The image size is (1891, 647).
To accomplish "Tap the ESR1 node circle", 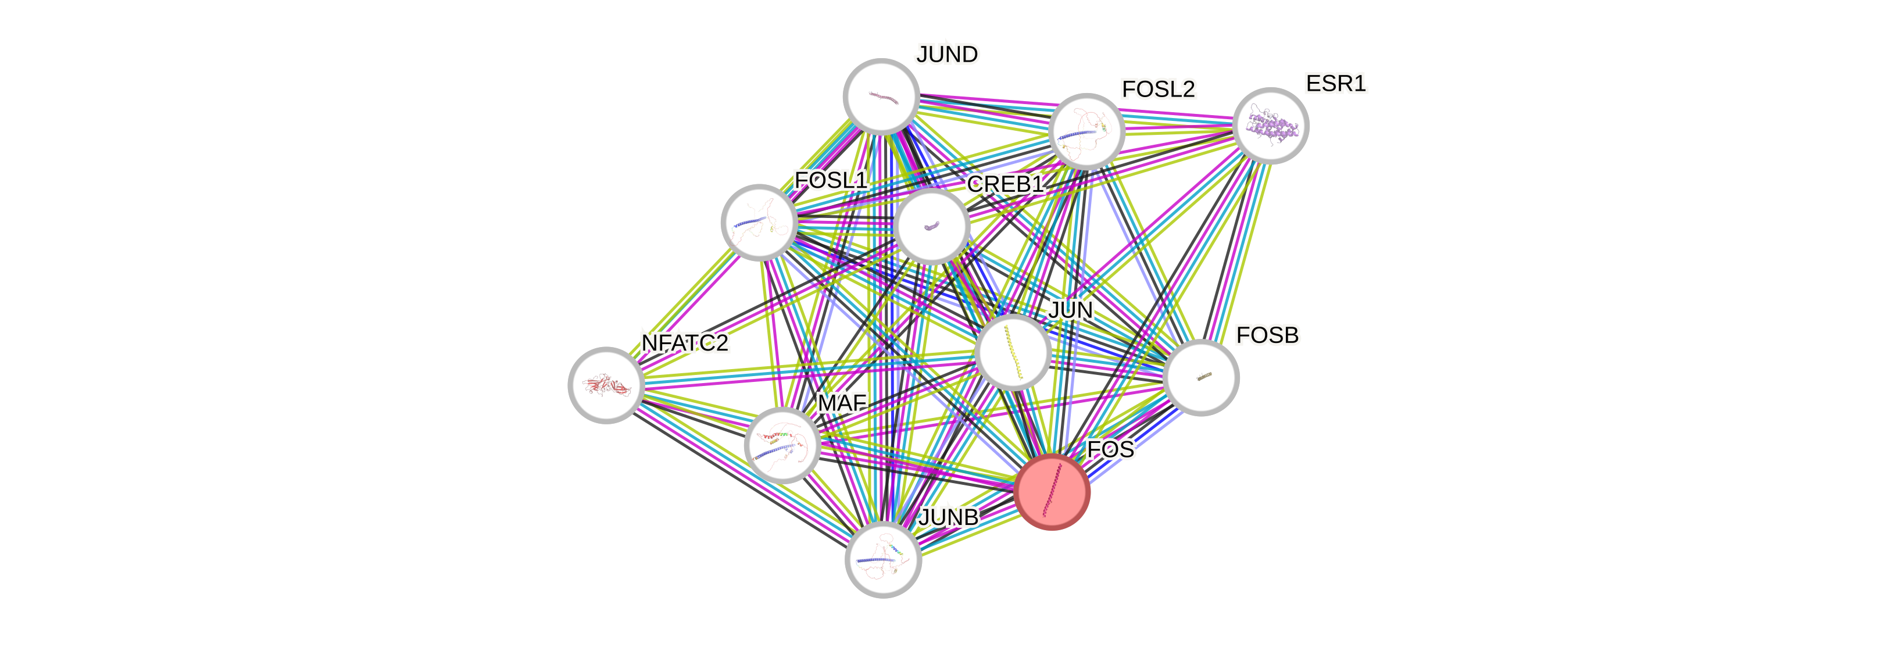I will [1270, 126].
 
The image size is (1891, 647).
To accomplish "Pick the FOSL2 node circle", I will [1086, 131].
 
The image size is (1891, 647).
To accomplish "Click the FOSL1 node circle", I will [759, 222].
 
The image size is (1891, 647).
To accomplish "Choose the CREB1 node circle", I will [931, 226].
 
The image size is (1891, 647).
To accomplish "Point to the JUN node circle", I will [1013, 352].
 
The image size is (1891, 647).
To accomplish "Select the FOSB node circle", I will [1201, 377].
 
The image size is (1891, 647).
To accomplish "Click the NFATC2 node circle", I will [606, 385].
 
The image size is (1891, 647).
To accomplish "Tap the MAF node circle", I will [782, 445].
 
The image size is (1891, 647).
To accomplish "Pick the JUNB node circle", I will [883, 560].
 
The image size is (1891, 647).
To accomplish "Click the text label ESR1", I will [1335, 84].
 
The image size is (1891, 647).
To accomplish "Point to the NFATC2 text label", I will [684, 343].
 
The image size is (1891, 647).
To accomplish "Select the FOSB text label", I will [1267, 335].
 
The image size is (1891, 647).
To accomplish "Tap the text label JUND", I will [947, 54].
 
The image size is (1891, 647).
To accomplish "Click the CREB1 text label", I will [1005, 184].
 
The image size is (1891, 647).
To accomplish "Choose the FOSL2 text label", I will [1159, 89].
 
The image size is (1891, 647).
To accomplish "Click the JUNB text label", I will [949, 517].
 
